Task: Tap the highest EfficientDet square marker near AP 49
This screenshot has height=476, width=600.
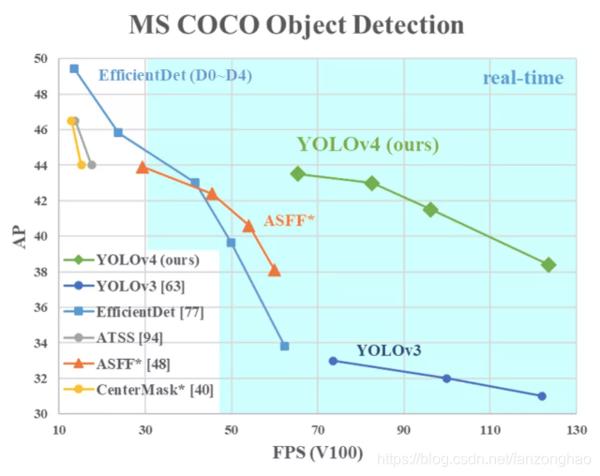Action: [x=74, y=68]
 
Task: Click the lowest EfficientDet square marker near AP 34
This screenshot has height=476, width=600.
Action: [x=284, y=346]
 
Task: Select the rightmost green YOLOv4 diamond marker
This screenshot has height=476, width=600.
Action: [x=548, y=265]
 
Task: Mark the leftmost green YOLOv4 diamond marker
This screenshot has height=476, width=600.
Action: [x=298, y=173]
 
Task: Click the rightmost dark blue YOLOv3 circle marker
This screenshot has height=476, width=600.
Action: [x=542, y=395]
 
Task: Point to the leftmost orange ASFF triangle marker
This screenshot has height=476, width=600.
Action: [x=142, y=167]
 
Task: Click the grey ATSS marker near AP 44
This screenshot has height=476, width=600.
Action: [x=91, y=165]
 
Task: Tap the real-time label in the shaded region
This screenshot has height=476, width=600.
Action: [x=523, y=79]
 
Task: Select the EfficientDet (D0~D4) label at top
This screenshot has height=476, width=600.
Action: [x=174, y=75]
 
